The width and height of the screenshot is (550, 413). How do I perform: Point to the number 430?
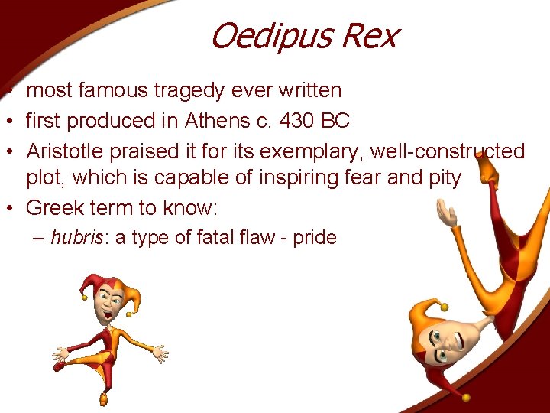pyautogui.click(x=301, y=121)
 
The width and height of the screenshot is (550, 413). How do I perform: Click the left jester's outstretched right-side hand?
pyautogui.click(x=158, y=353)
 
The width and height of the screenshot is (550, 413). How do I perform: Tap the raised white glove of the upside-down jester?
pyautogui.click(x=446, y=213)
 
